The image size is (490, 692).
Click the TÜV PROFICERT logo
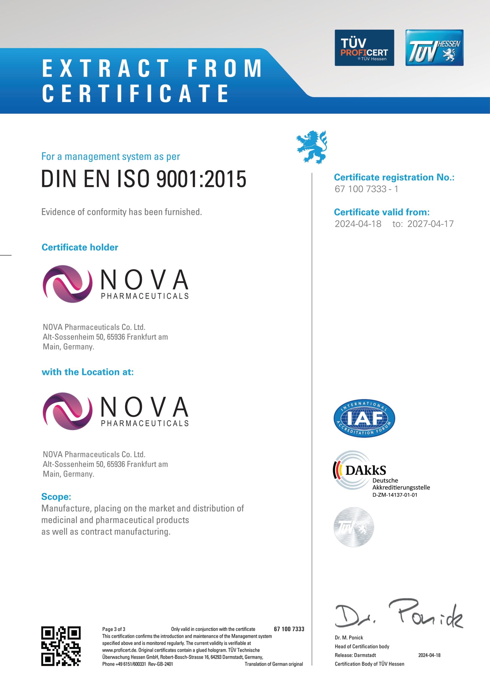(364, 48)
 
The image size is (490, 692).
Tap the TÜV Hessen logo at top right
(434, 48)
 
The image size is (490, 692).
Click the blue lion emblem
(312, 147)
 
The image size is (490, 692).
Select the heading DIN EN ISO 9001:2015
(144, 179)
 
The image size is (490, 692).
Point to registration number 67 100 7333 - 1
(366, 189)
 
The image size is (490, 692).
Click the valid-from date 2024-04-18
(358, 224)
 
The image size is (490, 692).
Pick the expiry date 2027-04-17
(430, 224)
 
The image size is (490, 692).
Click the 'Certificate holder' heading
(80, 247)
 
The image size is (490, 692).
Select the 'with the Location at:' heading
(87, 372)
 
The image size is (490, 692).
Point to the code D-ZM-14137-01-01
(395, 495)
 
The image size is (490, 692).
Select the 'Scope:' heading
(56, 496)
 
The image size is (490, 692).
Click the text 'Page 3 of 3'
(113, 629)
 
